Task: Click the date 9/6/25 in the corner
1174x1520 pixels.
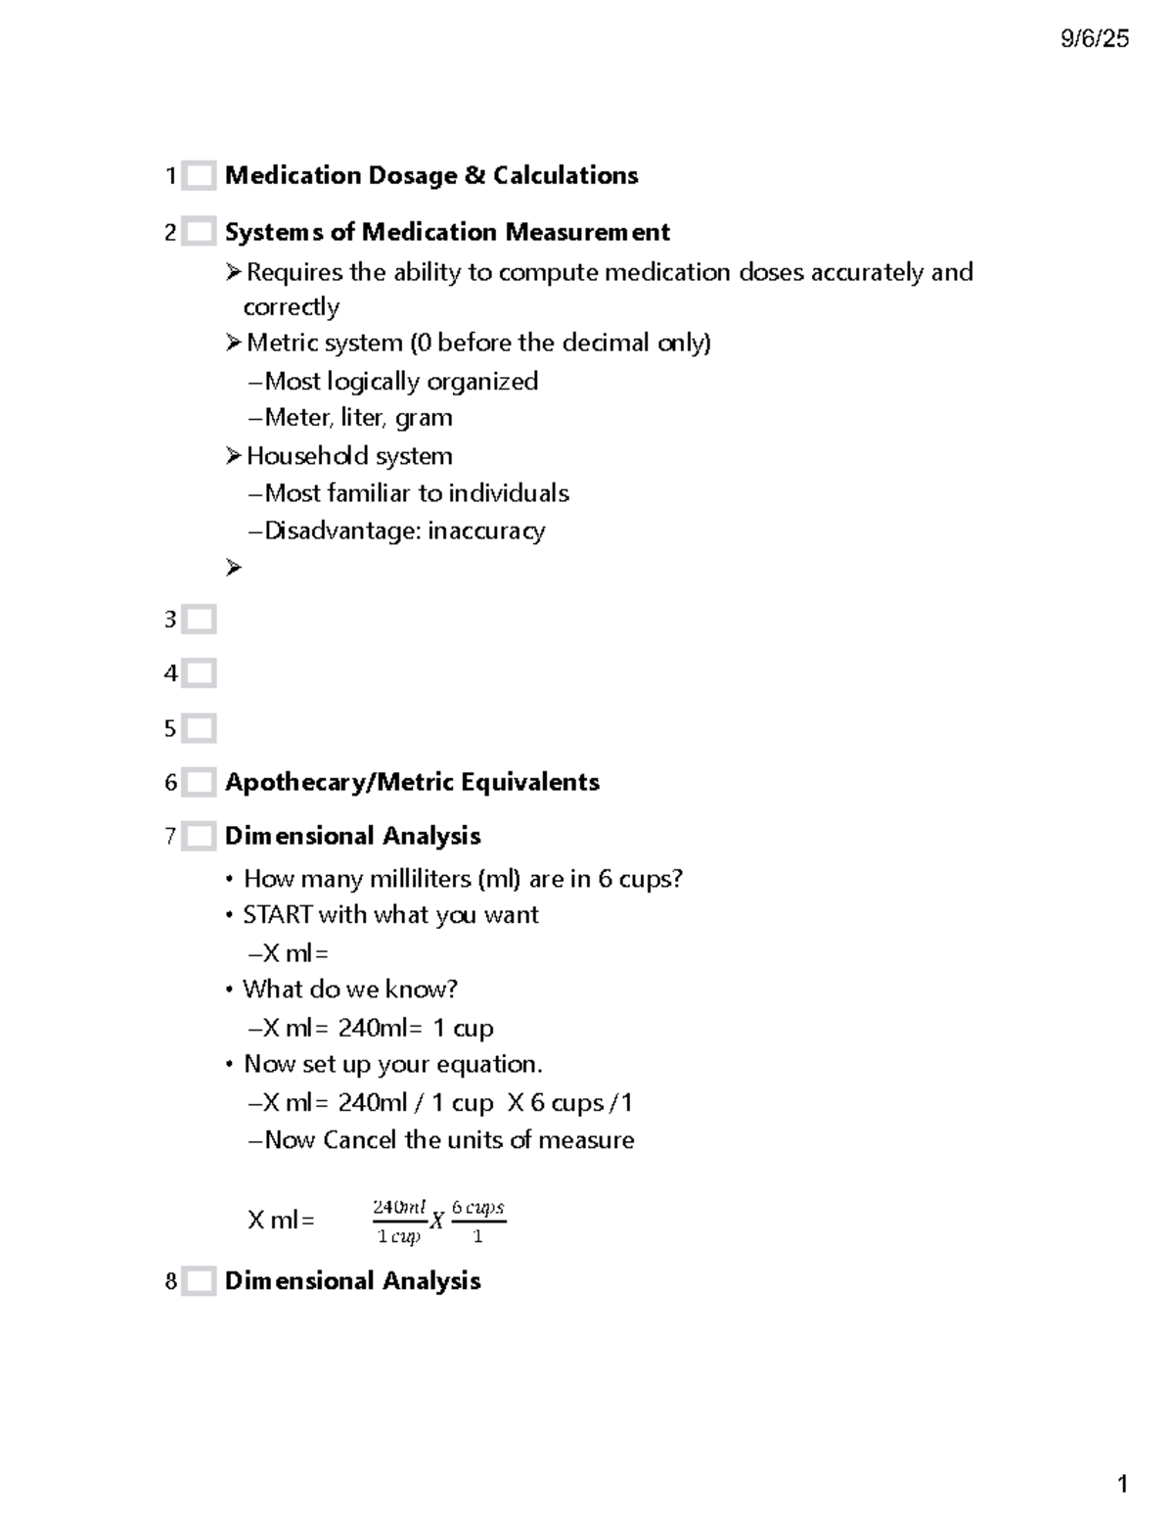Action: (1094, 39)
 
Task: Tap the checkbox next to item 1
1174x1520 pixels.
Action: (200, 176)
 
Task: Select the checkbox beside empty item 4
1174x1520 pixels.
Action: (200, 673)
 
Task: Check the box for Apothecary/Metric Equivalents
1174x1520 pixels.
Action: (200, 783)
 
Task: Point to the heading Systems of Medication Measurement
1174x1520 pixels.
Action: (447, 233)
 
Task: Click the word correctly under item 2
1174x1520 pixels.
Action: (291, 307)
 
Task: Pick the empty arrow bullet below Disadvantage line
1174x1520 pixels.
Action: (233, 568)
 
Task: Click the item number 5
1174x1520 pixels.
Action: (170, 729)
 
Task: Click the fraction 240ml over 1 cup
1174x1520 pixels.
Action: (399, 1221)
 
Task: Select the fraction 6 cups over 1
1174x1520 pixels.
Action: (477, 1221)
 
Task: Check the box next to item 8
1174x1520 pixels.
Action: (200, 1281)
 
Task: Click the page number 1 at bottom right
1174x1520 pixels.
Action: (1122, 1484)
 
